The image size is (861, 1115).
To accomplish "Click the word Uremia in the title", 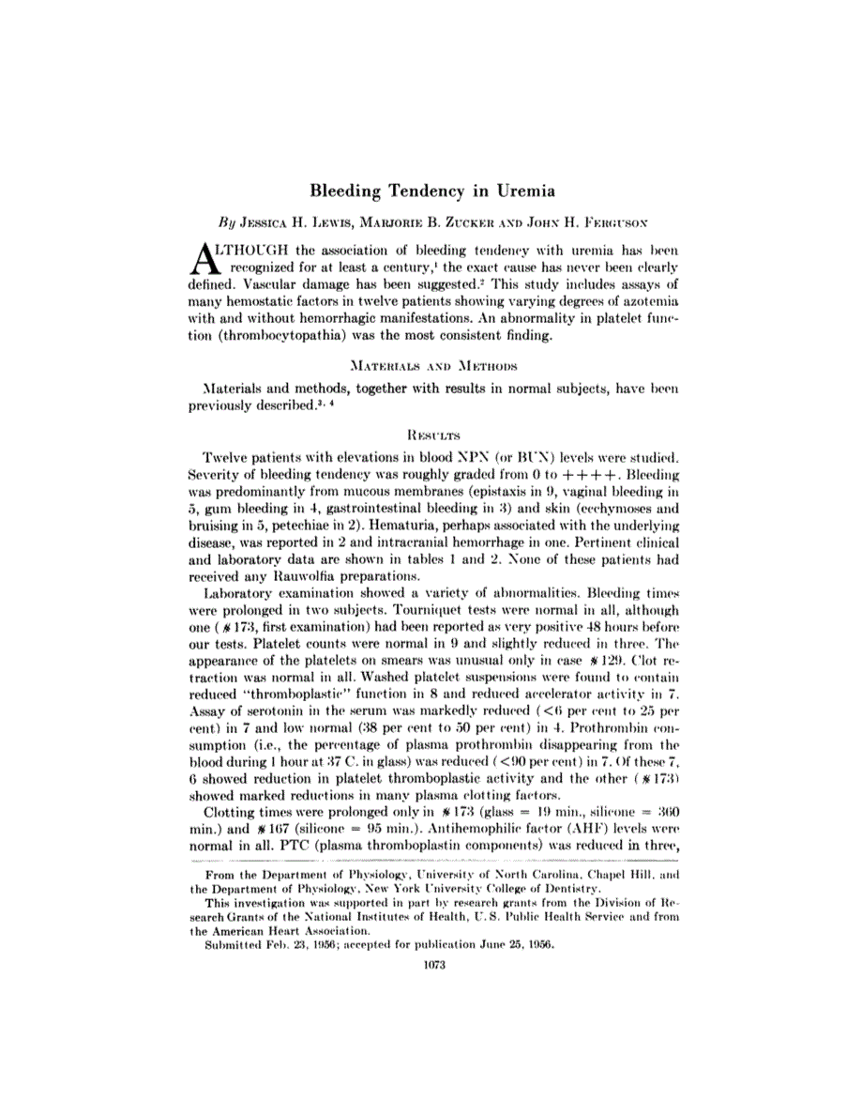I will (521, 191).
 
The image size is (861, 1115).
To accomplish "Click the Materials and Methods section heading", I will (430, 363).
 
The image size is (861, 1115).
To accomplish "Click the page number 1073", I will (430, 967).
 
